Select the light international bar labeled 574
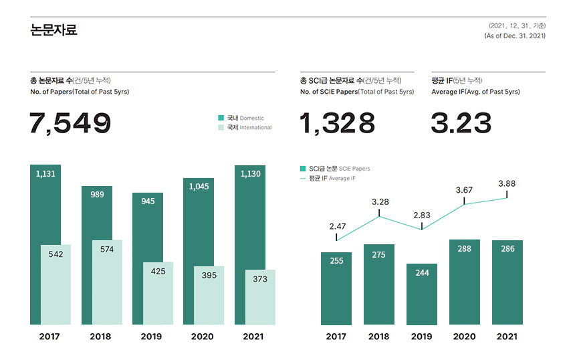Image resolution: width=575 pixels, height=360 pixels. click(x=107, y=281)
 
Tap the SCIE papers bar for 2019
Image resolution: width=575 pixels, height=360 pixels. click(x=422, y=294)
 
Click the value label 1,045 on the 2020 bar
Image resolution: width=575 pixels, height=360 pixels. click(x=199, y=187)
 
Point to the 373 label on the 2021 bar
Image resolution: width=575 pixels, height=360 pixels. click(x=260, y=279)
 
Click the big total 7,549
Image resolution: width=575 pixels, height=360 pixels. click(x=70, y=124)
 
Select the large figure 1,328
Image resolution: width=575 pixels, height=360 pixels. click(x=338, y=124)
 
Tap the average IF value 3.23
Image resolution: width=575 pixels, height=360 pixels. click(x=461, y=124)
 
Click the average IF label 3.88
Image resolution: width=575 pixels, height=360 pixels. click(x=507, y=183)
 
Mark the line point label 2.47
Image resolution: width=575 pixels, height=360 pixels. click(x=338, y=227)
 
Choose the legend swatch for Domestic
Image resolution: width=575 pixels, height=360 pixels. click(x=221, y=118)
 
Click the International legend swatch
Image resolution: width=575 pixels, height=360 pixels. click(x=221, y=127)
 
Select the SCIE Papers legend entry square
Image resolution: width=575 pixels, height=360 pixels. click(x=303, y=169)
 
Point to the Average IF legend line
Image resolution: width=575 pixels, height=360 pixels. click(x=303, y=178)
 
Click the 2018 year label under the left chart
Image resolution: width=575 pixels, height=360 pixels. click(x=100, y=337)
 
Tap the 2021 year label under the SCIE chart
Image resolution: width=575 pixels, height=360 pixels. click(x=507, y=337)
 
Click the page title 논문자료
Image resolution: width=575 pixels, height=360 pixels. click(x=53, y=30)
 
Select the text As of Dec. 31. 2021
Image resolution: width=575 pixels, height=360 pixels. click(x=514, y=35)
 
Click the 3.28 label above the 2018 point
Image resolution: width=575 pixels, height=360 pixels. click(x=380, y=201)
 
